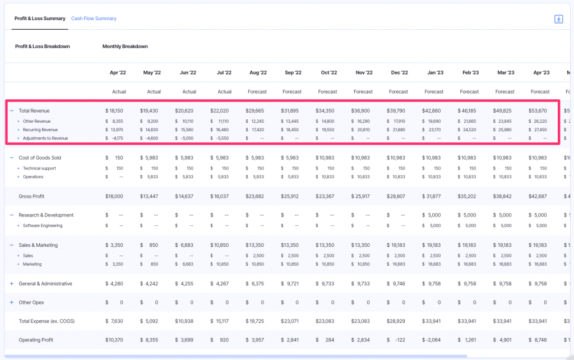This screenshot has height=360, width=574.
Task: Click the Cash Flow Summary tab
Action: (94, 19)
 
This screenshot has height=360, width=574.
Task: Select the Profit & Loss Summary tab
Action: (40, 19)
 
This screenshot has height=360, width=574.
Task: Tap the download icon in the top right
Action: (558, 19)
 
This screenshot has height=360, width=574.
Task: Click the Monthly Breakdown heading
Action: (125, 47)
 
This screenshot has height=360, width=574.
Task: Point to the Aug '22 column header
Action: (258, 72)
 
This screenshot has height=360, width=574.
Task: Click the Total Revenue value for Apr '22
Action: (114, 111)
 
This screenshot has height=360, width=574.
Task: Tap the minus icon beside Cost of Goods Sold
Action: (11, 158)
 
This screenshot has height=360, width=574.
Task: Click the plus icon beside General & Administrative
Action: (11, 284)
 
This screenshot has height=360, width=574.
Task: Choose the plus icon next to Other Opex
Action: (11, 303)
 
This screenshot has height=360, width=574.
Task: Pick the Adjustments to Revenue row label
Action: (45, 138)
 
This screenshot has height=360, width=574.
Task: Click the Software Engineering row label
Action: (43, 225)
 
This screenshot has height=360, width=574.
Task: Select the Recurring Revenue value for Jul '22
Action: (220, 130)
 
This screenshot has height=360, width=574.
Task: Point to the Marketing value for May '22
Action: (150, 264)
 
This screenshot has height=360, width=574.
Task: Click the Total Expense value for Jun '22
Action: (185, 321)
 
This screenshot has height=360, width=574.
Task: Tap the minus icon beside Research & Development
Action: (11, 215)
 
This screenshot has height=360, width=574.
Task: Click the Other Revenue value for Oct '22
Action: (326, 121)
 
